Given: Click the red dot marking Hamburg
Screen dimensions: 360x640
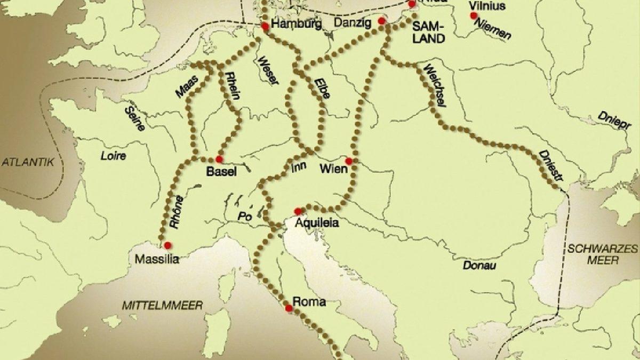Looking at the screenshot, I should pos(265,25).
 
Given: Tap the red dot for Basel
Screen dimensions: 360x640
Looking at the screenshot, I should pos(219,159).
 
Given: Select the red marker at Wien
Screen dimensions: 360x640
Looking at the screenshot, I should pos(349,161).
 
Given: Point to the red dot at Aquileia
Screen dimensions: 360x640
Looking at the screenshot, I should pos(298,211).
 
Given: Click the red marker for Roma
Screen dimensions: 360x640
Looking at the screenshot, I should pos(289,308).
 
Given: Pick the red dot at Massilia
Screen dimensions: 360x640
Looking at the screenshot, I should pos(168,245).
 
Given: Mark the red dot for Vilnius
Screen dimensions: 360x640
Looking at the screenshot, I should pos(473,15).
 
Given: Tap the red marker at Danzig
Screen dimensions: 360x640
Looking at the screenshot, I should pos(381,21).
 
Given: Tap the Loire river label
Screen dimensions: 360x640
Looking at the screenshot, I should pos(114,156).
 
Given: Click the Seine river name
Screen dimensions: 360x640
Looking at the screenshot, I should pos(134,117).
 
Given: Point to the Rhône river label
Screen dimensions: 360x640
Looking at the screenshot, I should pos(177,212).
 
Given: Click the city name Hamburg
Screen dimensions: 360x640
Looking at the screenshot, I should pos(296,24).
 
